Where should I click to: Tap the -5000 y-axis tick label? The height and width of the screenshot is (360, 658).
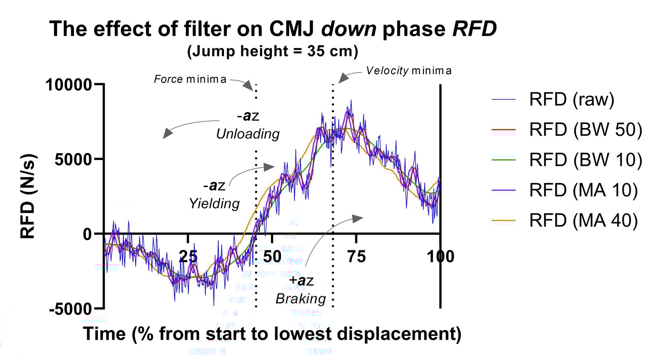pyautogui.click(x=71, y=309)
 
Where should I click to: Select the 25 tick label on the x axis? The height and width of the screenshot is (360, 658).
pyautogui.click(x=188, y=256)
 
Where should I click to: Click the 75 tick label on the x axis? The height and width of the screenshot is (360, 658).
pyautogui.click(x=356, y=256)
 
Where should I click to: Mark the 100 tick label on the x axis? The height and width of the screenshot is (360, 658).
pyautogui.click(x=440, y=256)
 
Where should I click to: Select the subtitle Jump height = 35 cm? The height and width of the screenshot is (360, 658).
pyautogui.click(x=272, y=52)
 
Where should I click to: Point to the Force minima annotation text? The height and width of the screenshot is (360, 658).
pyautogui.click(x=190, y=79)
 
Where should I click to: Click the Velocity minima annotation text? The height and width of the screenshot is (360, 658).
pyautogui.click(x=409, y=71)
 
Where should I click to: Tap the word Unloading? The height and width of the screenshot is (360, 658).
pyautogui.click(x=248, y=134)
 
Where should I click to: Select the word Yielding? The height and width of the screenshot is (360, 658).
pyautogui.click(x=214, y=204)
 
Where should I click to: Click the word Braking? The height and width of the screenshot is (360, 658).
pyautogui.click(x=301, y=299)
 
